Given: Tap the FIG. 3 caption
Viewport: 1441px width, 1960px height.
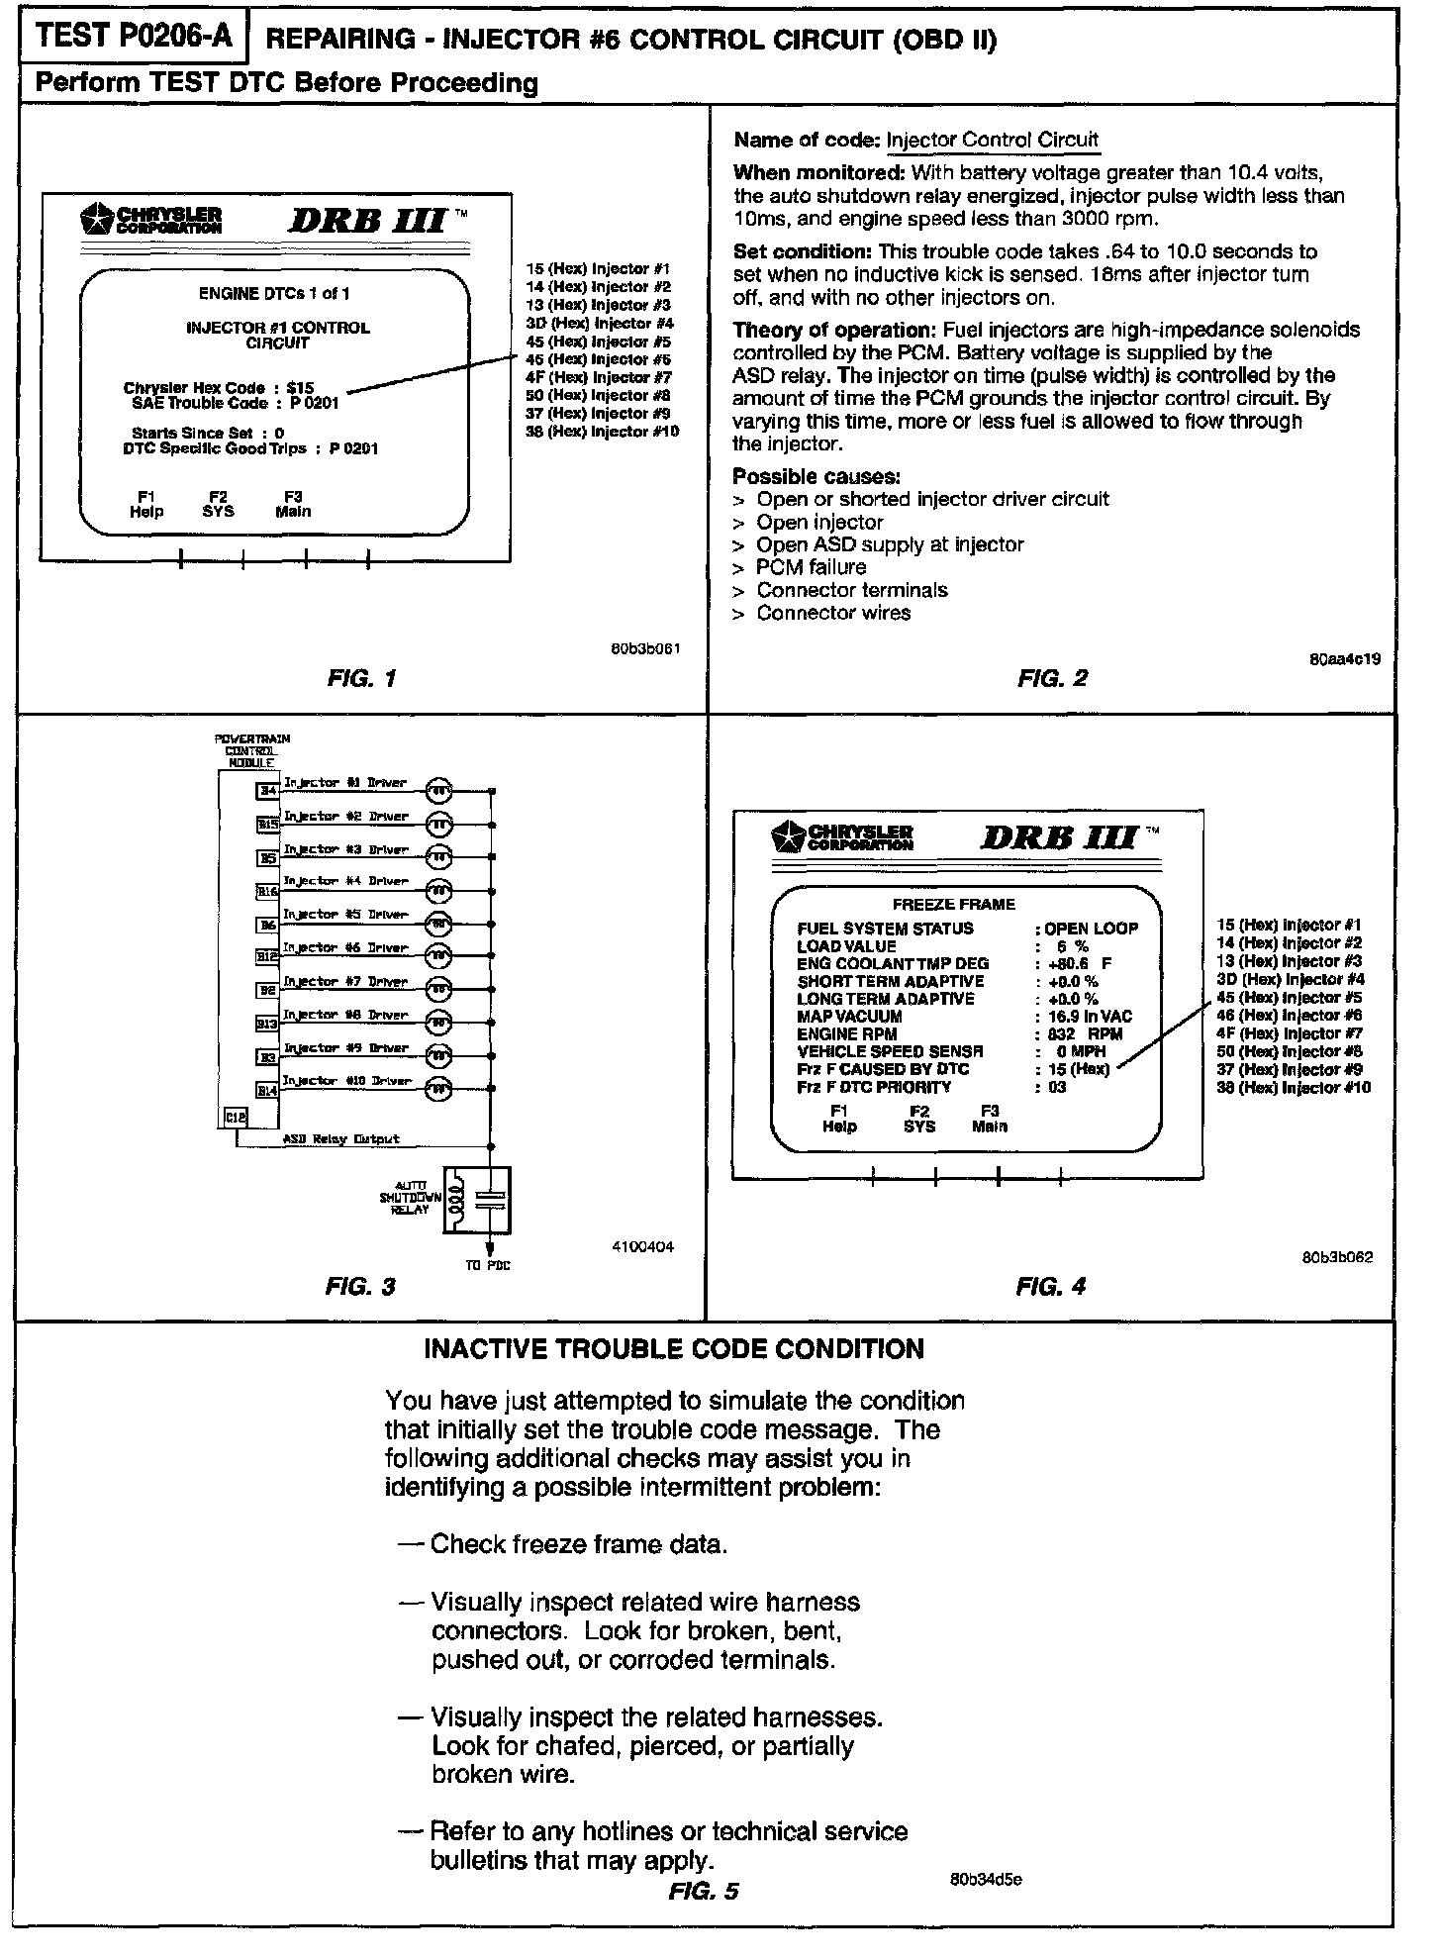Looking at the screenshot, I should [x=360, y=1286].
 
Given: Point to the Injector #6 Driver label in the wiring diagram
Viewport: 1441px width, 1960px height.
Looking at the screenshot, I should [x=345, y=947].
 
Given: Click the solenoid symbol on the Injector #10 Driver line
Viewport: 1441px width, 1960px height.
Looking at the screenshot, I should [x=438, y=1090].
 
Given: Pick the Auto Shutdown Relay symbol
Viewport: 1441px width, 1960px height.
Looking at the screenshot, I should [x=478, y=1200].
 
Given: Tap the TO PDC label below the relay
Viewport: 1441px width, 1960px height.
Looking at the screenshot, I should [x=488, y=1266].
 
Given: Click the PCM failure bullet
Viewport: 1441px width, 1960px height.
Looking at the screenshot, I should [x=811, y=567].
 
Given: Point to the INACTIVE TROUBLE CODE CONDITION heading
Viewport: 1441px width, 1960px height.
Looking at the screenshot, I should [x=673, y=1349].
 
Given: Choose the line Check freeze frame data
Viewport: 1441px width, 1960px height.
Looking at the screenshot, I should [x=579, y=1544].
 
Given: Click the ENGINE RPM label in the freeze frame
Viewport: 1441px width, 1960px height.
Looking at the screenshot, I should [x=846, y=1033].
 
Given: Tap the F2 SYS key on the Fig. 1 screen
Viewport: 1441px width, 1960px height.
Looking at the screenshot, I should [x=218, y=504].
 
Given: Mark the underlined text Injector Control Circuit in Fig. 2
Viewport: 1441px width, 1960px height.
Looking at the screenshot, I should [x=992, y=141].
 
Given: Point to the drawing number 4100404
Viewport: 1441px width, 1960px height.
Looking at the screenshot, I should [x=643, y=1247].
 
